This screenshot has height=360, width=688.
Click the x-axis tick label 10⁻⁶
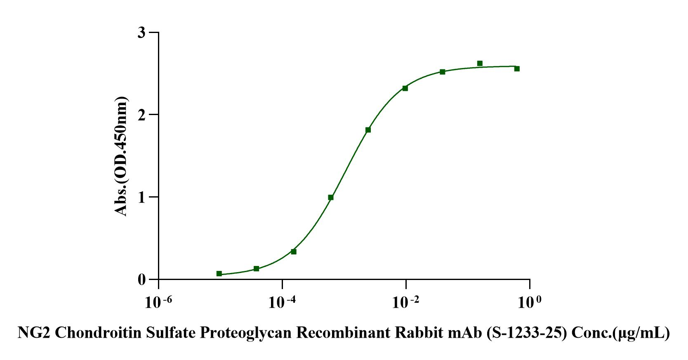point(158,303)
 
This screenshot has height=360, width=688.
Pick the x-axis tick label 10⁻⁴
point(282,303)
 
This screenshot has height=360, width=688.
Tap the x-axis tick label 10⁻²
point(406,303)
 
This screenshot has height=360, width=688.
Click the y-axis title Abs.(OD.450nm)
point(121,156)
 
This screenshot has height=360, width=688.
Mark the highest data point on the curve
point(480,64)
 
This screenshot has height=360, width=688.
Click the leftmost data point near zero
point(219,274)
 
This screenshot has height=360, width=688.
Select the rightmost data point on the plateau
point(517,69)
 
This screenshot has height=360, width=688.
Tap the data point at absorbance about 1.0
point(331,198)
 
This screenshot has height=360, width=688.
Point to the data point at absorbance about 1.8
point(368,130)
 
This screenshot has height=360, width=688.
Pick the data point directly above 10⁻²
point(405,88)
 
